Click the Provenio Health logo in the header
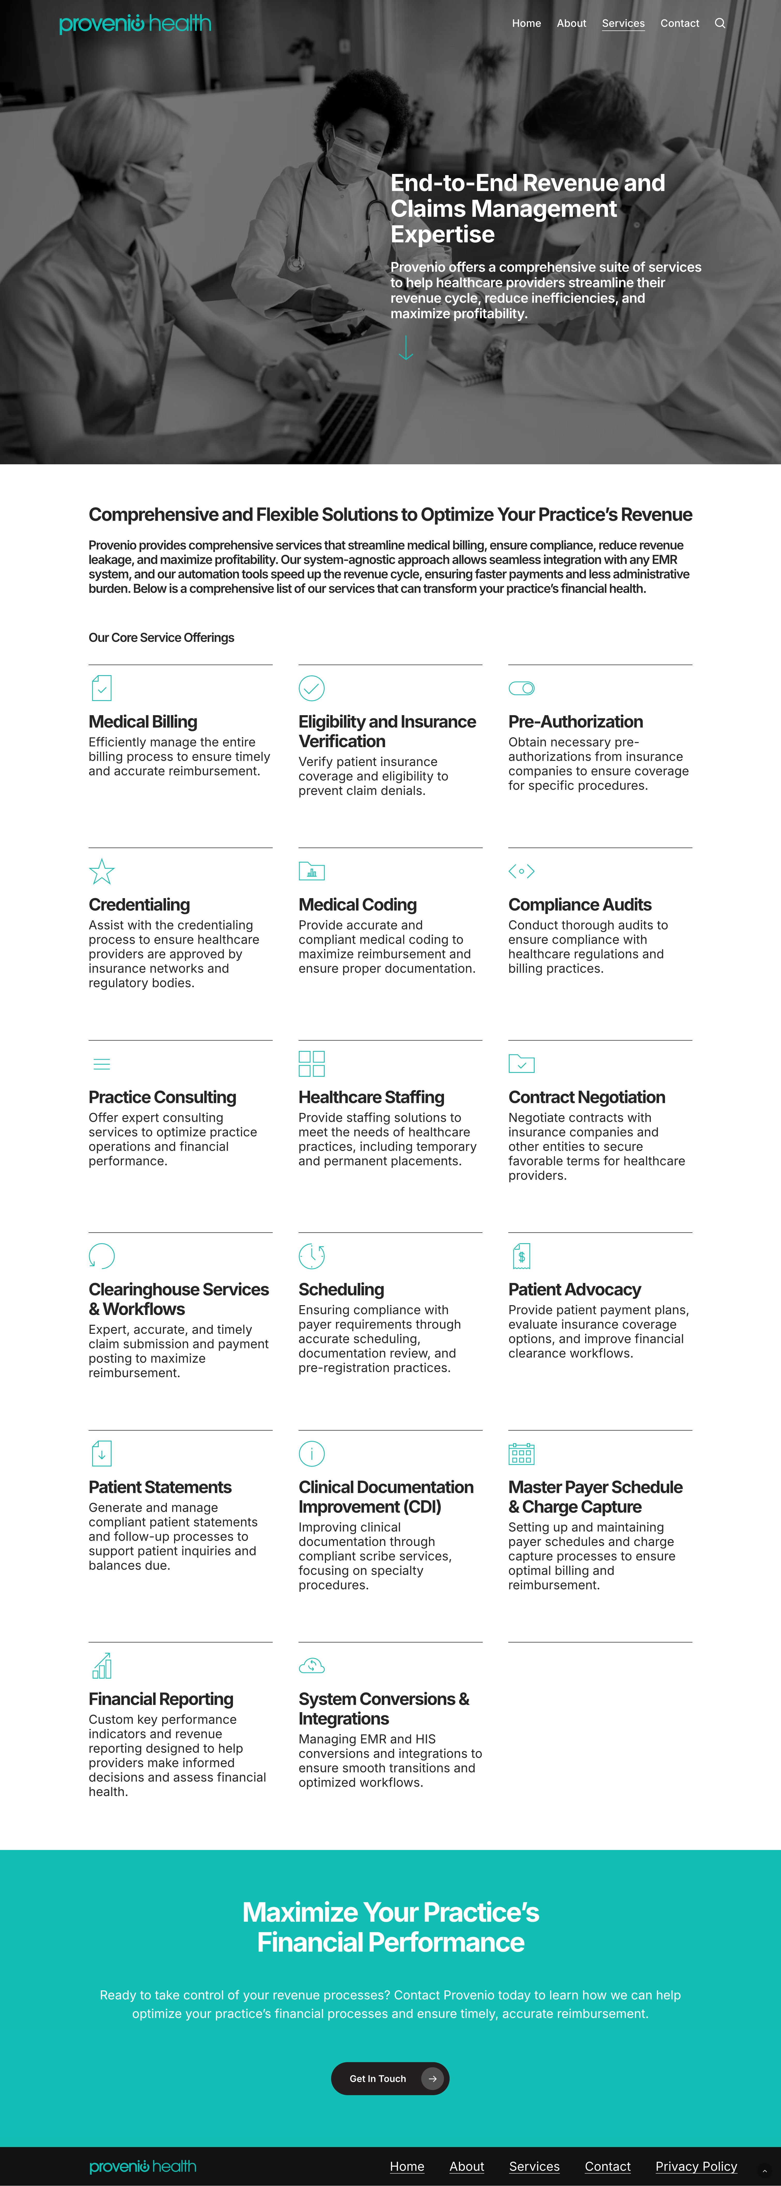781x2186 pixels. (x=135, y=24)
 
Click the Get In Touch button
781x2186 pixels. (x=390, y=2078)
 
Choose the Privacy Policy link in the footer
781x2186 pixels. (x=696, y=2166)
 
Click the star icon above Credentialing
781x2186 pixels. (x=102, y=872)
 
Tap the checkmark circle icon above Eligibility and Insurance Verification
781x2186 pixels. (x=311, y=688)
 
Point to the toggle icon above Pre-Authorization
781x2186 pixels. (x=521, y=688)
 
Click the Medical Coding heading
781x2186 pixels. (x=357, y=905)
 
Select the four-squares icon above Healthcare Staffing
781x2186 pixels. (x=311, y=1063)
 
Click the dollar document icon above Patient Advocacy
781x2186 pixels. (x=521, y=1256)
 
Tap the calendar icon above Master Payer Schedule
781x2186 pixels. (x=521, y=1454)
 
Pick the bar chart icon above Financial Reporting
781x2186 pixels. (x=102, y=1666)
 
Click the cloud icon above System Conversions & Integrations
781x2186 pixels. (x=311, y=1666)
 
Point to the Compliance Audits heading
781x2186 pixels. (x=580, y=905)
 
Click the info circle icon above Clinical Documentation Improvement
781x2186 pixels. (x=311, y=1454)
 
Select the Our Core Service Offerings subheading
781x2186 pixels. (x=161, y=637)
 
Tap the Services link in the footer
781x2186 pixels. (x=534, y=2166)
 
